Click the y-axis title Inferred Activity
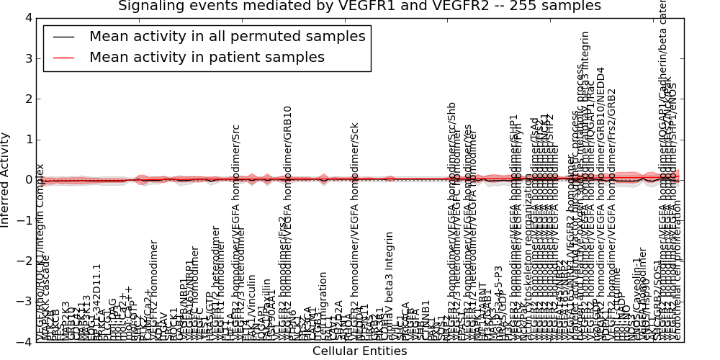point(6,180)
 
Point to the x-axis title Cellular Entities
point(359,351)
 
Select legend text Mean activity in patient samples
point(207,58)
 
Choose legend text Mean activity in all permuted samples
point(227,37)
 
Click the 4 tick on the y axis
point(27,17)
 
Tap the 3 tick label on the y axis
point(27,58)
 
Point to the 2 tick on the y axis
point(27,99)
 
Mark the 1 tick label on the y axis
point(27,140)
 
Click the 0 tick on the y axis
point(27,180)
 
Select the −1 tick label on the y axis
point(24,220)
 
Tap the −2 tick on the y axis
point(24,261)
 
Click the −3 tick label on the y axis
point(24,302)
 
